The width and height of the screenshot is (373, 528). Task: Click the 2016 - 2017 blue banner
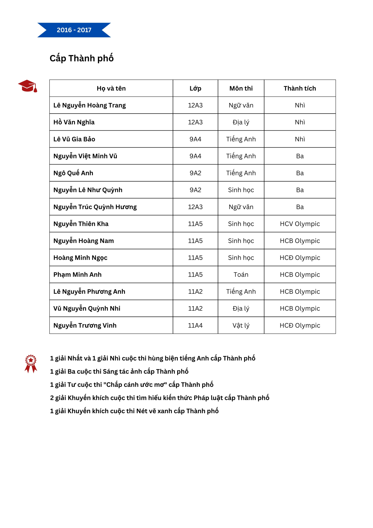point(74,30)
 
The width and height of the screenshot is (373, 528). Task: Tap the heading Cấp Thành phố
point(82,58)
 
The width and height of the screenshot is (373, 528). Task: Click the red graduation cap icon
point(28,86)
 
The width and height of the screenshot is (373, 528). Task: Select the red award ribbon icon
point(31,363)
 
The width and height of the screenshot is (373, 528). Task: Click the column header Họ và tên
point(111,88)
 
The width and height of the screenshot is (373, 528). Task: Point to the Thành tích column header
point(300,88)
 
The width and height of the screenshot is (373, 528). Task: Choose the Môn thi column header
point(241,88)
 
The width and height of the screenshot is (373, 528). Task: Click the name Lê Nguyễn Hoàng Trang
point(90,105)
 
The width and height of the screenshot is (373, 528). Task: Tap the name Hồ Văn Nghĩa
point(74,122)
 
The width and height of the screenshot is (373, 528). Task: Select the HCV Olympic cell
point(300,224)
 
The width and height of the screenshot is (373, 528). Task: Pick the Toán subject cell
point(241,274)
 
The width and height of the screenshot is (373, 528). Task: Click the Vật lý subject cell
point(241,325)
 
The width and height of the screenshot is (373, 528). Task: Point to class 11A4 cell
point(195,325)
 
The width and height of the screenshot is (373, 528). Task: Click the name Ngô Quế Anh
point(73,173)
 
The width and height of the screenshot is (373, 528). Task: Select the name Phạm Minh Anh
point(77,274)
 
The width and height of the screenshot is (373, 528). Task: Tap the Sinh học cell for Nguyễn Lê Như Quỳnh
point(241,190)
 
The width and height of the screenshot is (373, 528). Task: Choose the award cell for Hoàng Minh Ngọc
point(300,258)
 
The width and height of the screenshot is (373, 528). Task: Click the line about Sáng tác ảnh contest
point(119,371)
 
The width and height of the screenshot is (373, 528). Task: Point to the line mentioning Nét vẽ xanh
point(134,411)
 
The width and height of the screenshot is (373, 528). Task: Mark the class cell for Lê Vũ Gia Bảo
point(195,139)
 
